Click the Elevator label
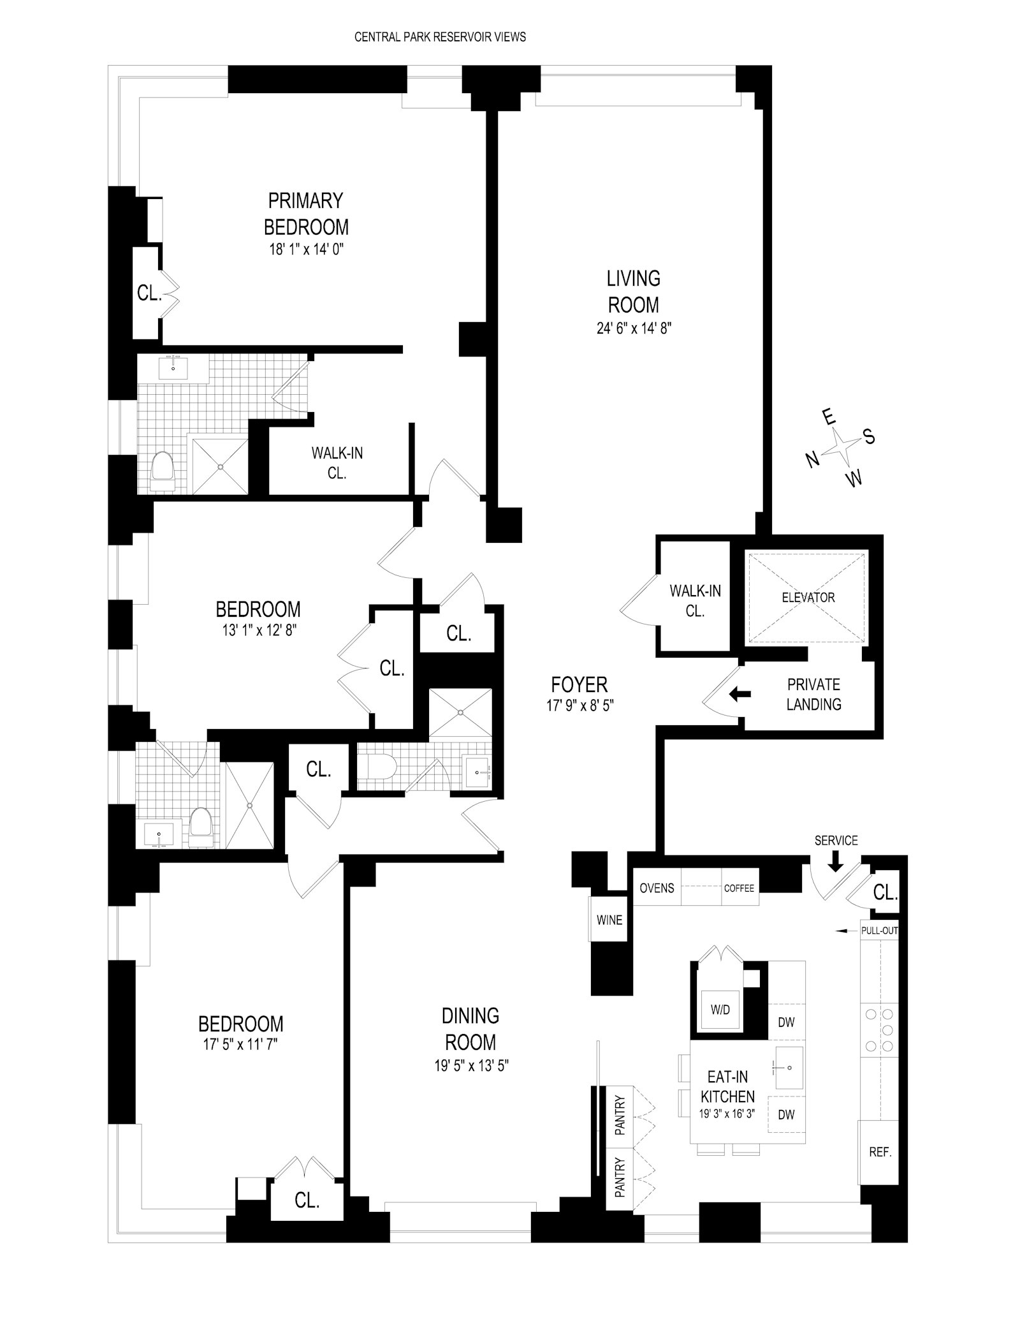point(808,598)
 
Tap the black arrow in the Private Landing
point(739,694)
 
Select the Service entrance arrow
point(835,862)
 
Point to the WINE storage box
point(609,920)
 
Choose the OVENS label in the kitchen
point(657,888)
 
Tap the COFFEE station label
point(739,888)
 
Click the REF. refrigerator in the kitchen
point(880,1153)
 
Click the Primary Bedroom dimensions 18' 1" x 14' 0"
point(306,249)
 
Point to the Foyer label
point(579,685)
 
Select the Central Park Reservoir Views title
point(440,37)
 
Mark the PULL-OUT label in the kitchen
point(879,931)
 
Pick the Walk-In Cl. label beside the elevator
point(695,600)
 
